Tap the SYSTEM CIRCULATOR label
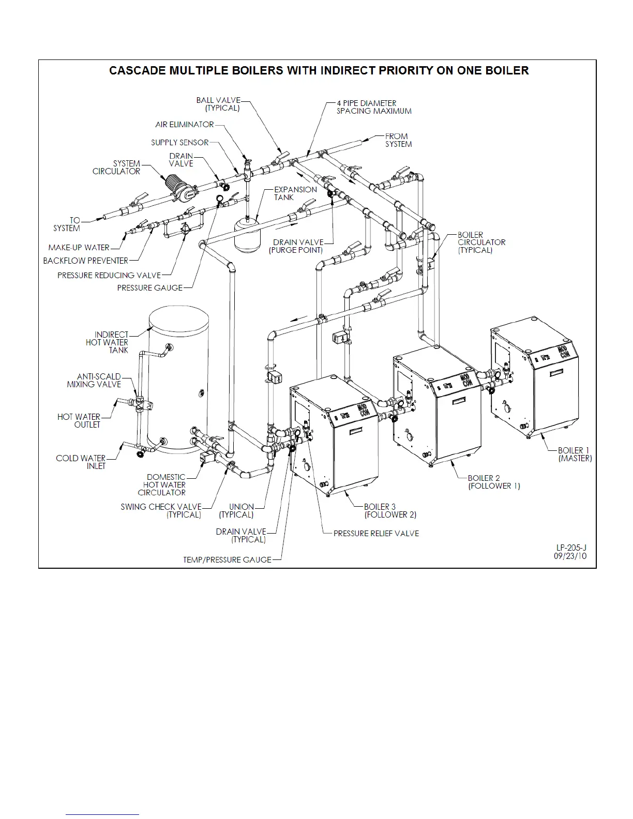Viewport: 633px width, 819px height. [116, 167]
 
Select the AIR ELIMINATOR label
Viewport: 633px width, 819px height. [185, 125]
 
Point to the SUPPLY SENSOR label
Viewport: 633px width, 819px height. [180, 143]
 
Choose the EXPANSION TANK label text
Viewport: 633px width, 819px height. [295, 193]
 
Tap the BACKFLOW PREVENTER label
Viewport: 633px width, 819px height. [86, 261]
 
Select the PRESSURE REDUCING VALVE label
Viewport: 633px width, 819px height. [109, 275]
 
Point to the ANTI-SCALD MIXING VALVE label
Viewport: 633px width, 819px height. [95, 381]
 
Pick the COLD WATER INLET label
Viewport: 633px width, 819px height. [81, 462]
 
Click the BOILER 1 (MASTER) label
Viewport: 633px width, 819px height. [575, 454]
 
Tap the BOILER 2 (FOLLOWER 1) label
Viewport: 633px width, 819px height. [494, 482]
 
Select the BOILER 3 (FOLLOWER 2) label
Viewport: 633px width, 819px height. [390, 510]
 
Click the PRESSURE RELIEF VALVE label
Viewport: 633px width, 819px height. [376, 533]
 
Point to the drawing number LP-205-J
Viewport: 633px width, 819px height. [571, 548]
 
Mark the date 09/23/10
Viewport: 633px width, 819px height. [570, 556]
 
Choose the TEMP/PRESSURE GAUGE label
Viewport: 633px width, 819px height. [228, 559]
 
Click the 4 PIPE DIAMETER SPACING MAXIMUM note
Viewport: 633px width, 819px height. [374, 107]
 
